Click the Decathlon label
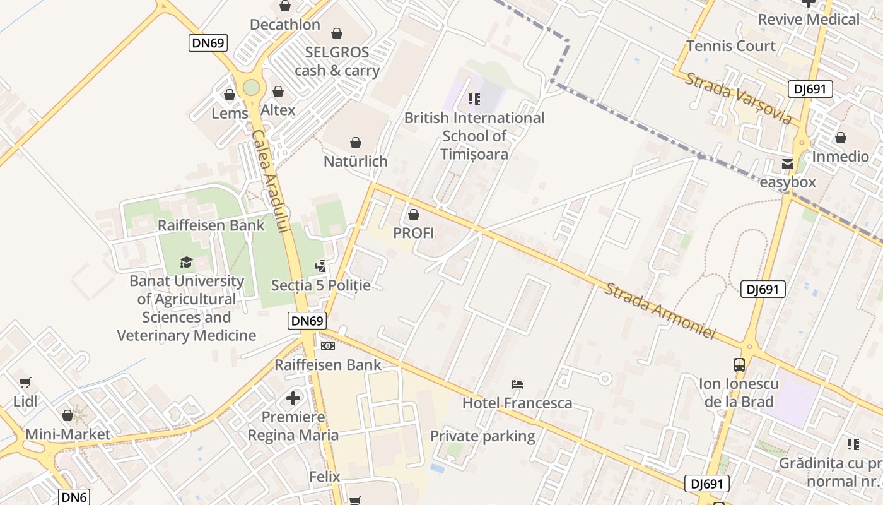(x=285, y=25)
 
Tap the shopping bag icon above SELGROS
(x=337, y=33)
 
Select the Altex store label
(x=278, y=110)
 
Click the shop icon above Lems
(x=230, y=95)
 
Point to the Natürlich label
(x=355, y=162)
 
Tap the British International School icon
(x=474, y=99)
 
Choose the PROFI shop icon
(x=414, y=215)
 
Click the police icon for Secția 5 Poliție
(x=321, y=266)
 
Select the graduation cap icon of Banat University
(x=186, y=263)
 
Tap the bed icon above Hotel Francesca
(x=517, y=384)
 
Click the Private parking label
(x=482, y=436)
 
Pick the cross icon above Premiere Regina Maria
(x=293, y=398)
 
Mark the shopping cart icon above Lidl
(x=25, y=383)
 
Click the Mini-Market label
(x=67, y=434)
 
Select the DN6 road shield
(x=74, y=497)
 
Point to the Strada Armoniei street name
(x=660, y=311)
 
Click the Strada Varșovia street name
(x=739, y=98)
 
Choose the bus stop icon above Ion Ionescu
(x=739, y=365)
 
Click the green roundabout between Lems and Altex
(x=251, y=88)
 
